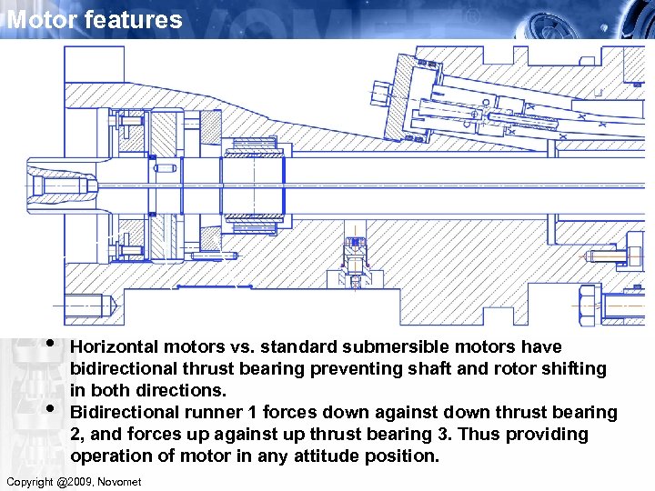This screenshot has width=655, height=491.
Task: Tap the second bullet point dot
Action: click(53, 408)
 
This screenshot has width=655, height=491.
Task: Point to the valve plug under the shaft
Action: click(355, 264)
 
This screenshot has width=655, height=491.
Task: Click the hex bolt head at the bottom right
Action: click(588, 301)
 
